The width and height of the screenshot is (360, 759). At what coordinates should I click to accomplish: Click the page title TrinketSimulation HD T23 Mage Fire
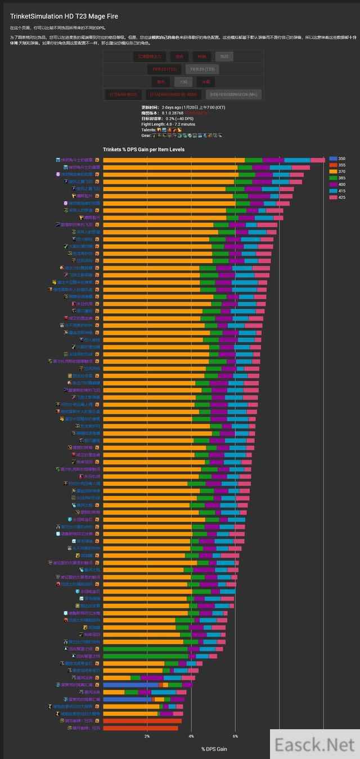[x=64, y=17]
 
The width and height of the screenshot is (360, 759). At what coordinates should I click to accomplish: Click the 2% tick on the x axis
[x=147, y=737]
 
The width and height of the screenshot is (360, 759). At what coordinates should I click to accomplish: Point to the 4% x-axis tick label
[x=191, y=737]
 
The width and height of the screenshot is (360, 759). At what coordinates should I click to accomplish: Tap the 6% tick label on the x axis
[x=235, y=737]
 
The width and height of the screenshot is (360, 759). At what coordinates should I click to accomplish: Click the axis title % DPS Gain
[x=214, y=749]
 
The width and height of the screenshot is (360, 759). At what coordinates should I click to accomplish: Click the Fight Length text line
[x=169, y=124]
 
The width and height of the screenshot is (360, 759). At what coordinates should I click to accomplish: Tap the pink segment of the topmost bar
[x=318, y=160]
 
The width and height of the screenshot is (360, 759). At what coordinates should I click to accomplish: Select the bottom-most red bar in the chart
[x=141, y=728]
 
